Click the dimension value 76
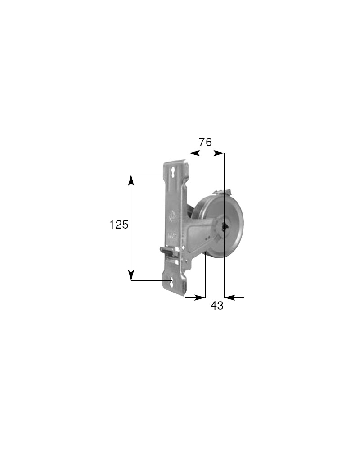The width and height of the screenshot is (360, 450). (205, 143)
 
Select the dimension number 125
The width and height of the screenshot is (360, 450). (119, 225)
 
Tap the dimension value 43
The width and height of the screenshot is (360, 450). (217, 306)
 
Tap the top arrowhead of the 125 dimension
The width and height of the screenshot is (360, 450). (131, 179)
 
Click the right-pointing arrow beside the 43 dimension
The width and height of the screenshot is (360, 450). (201, 297)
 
